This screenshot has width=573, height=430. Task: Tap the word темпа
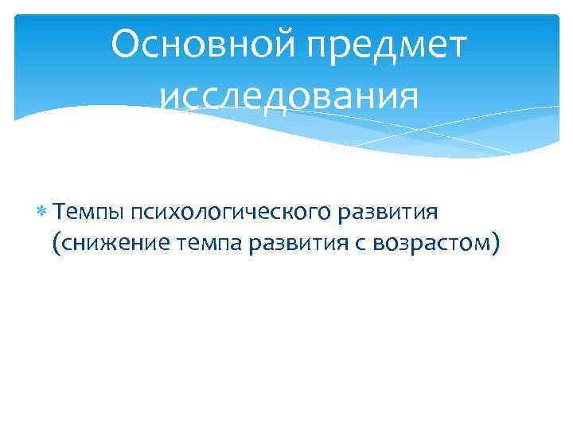[209, 244]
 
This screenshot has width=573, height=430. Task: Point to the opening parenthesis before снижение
[56, 244]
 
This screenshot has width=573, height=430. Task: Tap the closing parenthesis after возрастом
[498, 244]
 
